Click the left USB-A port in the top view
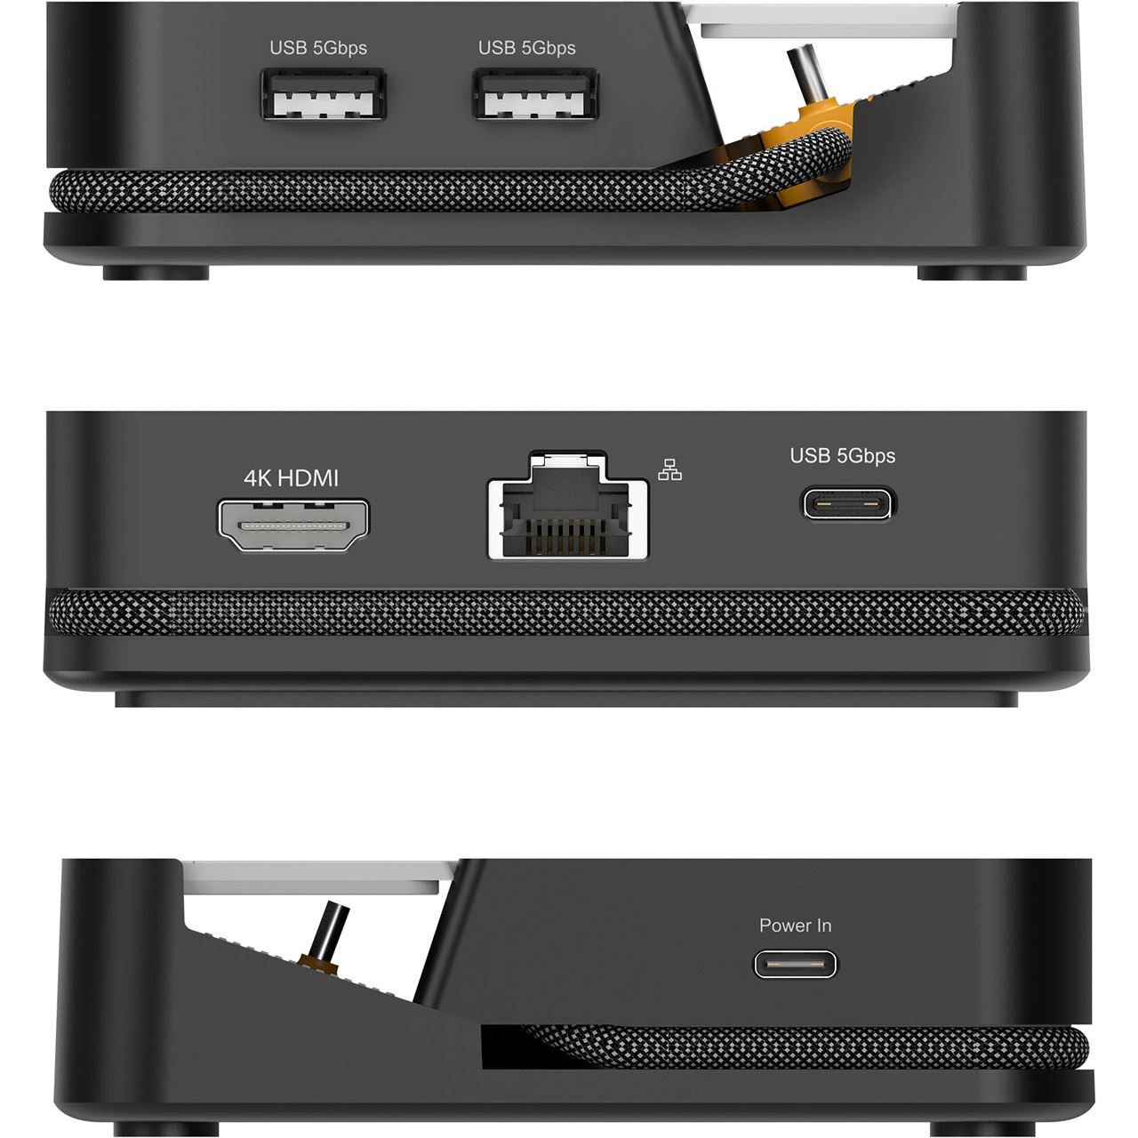324,94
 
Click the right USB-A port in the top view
535,94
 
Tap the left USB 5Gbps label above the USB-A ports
318,48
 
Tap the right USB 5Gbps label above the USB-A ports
527,48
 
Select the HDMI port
293,525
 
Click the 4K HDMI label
291,477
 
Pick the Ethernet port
567,507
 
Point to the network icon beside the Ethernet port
669,469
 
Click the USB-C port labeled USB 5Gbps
847,504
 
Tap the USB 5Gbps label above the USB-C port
842,456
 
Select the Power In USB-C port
795,965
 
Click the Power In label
795,926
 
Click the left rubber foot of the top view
156,272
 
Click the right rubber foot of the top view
972,272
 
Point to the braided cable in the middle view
565,613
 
